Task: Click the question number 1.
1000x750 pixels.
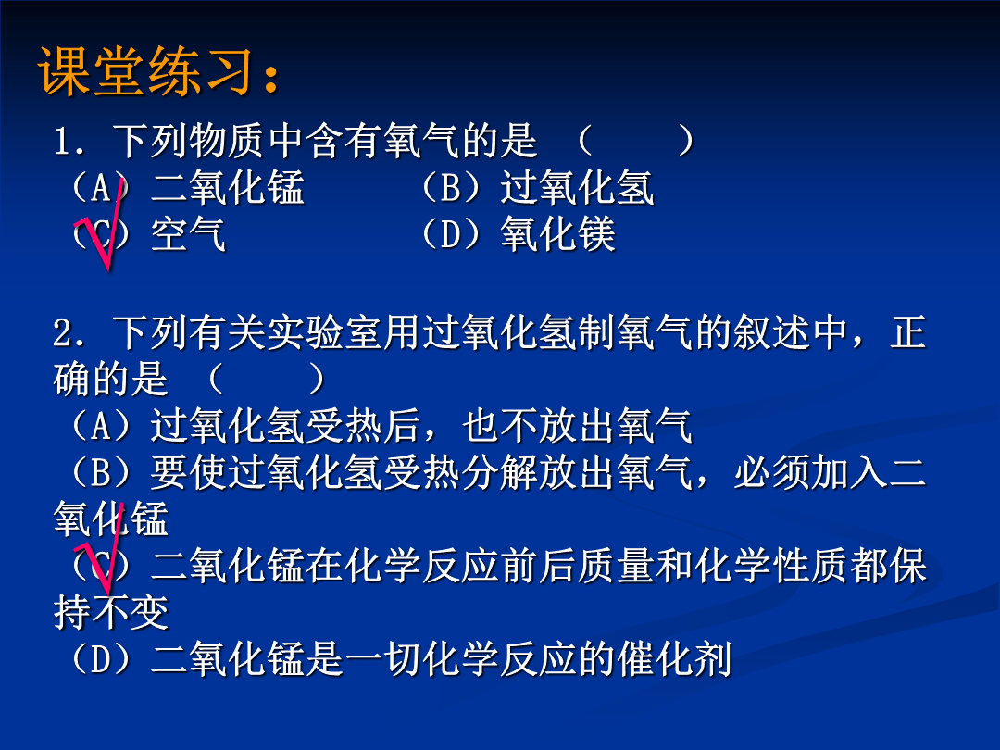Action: (63, 141)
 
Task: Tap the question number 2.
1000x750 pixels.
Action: (63, 333)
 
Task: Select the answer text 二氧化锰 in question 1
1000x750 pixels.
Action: (228, 187)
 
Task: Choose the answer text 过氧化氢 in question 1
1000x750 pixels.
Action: (577, 187)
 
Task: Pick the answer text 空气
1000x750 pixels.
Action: (188, 234)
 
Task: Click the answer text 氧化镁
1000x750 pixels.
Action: (558, 234)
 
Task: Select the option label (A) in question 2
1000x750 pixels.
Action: (101, 426)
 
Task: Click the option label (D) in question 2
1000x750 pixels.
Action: (101, 659)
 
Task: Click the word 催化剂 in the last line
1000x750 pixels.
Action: (674, 659)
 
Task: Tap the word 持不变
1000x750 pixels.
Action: (111, 612)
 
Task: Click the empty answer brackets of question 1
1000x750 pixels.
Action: (635, 141)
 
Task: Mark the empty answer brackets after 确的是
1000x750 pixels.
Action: (267, 380)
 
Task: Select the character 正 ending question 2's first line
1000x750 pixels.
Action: (907, 333)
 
